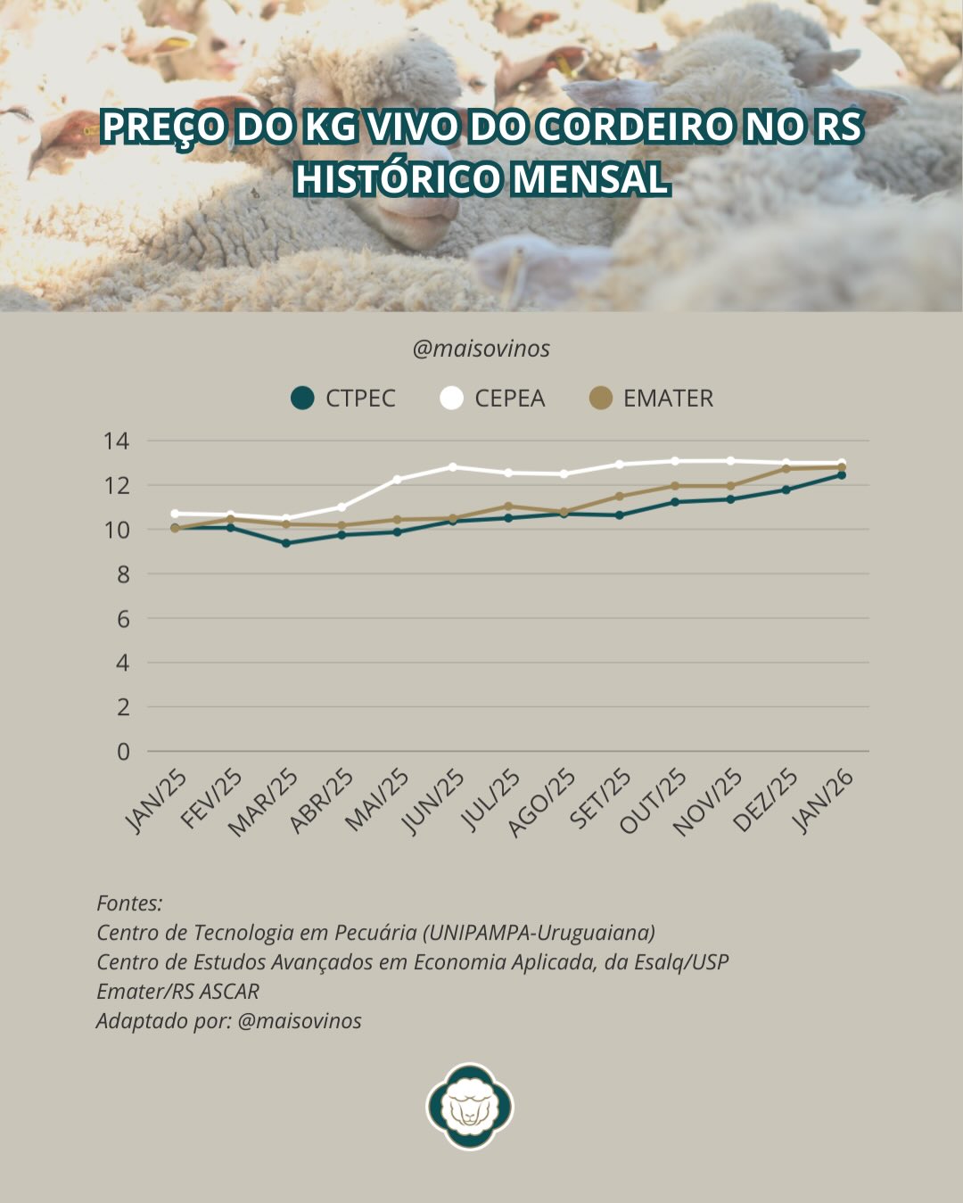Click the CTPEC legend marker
tap(303, 398)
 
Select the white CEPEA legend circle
tap(452, 398)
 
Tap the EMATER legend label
tap(668, 398)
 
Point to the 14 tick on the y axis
tap(116, 441)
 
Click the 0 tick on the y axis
tap(123, 752)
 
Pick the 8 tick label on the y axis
tap(123, 574)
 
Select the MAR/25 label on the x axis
tap(265, 803)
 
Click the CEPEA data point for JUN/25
tap(453, 466)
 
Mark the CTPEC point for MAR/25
tap(286, 543)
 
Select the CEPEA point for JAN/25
tap(175, 514)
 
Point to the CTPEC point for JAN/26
tap(841, 475)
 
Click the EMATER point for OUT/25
tap(675, 486)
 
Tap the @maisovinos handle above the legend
tap(481, 349)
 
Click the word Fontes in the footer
tap(129, 903)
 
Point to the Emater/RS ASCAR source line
tap(178, 991)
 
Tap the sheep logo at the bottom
tap(470, 1106)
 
